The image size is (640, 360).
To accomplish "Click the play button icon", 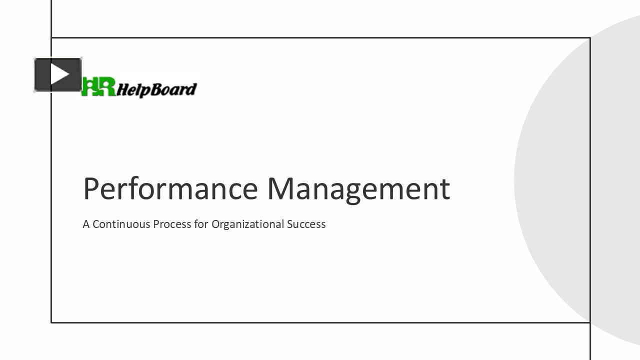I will pos(58,75).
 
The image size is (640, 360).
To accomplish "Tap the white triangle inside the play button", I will pos(59,75).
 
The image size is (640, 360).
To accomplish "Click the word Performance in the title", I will pos(170,189).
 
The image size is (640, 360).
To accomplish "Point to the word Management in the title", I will pos(358,189).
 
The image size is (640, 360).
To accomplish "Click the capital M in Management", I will pos(282,188).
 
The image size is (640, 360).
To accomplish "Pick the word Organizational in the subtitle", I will pos(247,224).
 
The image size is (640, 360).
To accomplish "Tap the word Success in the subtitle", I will pos(306,224).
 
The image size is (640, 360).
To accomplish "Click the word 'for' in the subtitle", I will pos(201,224).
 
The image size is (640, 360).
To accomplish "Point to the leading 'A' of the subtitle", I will pos(86,224).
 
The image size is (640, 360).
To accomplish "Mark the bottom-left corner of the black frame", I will pos(51,322).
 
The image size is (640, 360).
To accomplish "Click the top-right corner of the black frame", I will pos(590,37).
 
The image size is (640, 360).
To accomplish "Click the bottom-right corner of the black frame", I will pos(590,322).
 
